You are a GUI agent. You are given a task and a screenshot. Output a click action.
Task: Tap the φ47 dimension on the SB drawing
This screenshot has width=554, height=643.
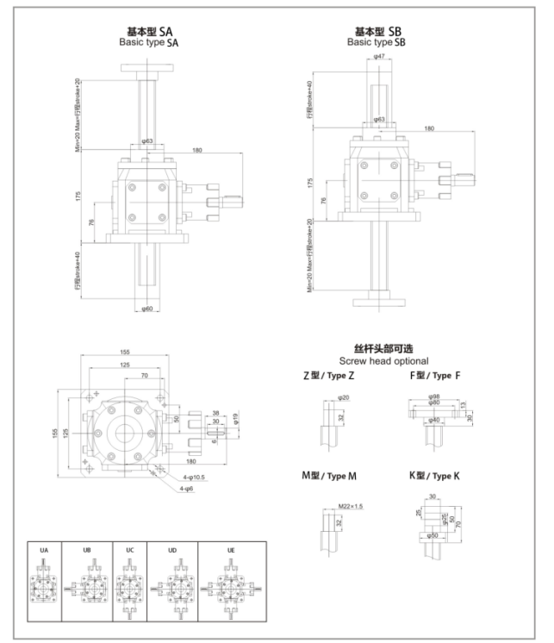coord(378,57)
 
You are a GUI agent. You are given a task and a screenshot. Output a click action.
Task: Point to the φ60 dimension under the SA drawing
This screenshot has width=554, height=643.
coord(147,308)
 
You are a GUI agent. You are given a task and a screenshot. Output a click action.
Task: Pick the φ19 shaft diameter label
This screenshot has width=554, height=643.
coord(234,420)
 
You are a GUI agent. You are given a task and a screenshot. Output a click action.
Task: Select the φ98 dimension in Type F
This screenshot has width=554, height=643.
coord(436,397)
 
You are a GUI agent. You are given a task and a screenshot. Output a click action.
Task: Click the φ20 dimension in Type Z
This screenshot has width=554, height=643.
coord(343,397)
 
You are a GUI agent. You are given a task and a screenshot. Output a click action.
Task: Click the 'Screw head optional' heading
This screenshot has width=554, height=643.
coord(383,360)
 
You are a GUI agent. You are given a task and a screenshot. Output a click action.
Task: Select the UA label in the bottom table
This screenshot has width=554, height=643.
coord(44,549)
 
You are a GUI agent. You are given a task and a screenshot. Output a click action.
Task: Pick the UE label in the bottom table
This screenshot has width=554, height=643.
coord(231,549)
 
